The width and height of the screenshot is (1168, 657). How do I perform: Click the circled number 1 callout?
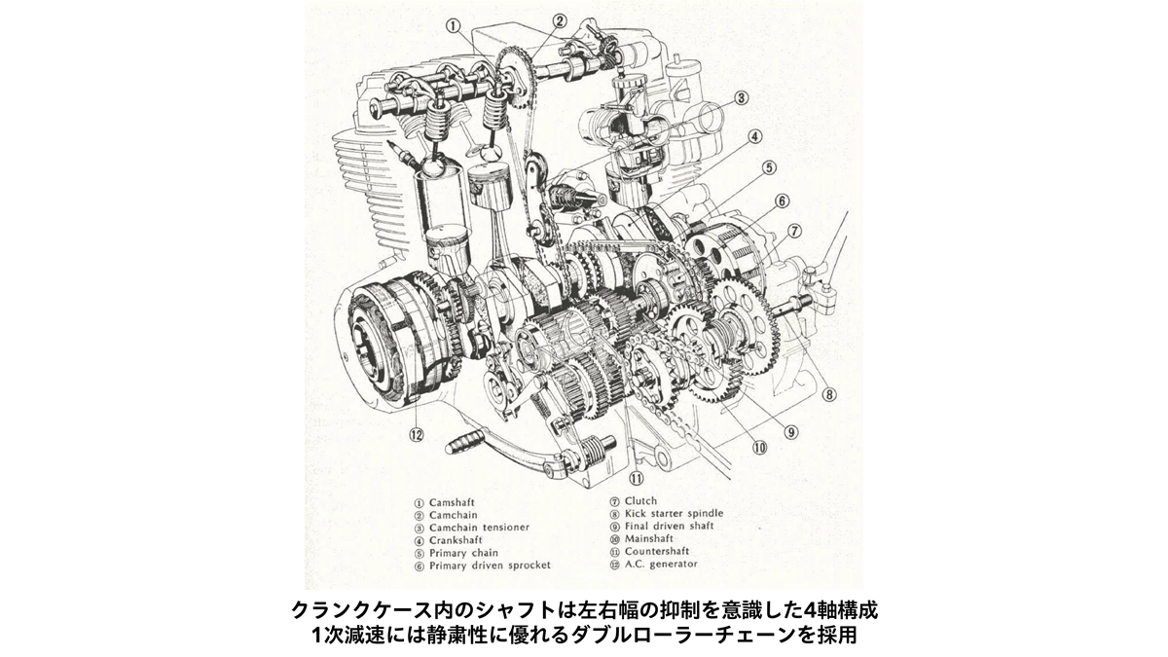454,26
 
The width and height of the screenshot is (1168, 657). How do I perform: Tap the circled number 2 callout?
559,20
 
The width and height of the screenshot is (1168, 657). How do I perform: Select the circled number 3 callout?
742,98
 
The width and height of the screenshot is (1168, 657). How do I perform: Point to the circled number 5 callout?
769,167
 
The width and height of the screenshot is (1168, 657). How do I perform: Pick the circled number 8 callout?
828,394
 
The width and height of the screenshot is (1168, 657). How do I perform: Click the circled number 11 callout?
637,478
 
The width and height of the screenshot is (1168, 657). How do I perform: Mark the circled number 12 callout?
417,434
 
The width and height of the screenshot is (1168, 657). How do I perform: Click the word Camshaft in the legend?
452,502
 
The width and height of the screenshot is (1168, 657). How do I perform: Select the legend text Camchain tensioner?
479,528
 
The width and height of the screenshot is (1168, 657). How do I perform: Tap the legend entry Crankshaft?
456,540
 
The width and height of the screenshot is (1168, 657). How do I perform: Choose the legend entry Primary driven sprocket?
490,566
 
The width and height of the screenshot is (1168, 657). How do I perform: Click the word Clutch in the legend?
640,501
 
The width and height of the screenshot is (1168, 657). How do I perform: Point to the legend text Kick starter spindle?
674,514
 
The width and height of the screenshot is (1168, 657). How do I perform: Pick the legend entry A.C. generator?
661,564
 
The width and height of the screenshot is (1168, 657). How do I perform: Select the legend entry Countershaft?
657,551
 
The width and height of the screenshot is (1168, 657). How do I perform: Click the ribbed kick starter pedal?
464,448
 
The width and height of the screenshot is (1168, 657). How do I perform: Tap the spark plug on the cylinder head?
405,157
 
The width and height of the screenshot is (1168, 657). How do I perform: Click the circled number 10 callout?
759,448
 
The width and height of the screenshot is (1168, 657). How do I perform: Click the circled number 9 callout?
790,432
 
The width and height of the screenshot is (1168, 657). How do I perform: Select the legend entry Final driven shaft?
669,527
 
